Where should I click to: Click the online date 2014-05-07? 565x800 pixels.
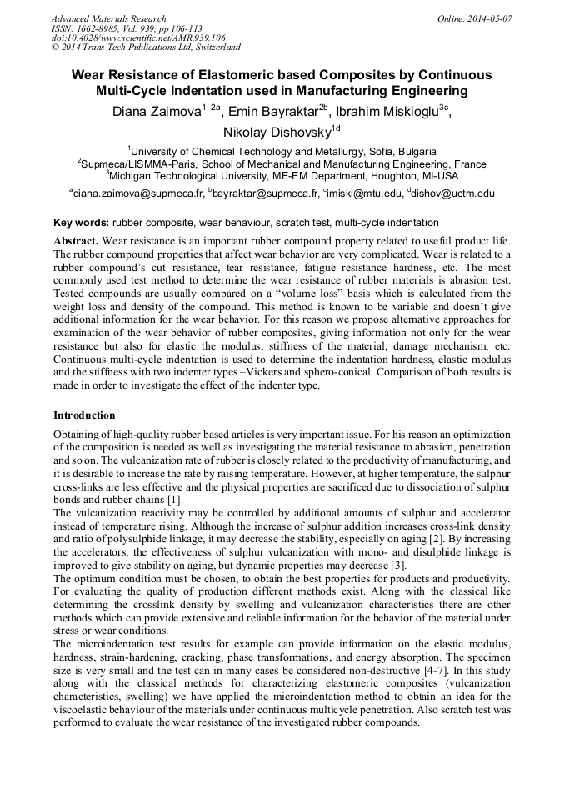pyautogui.click(x=490, y=18)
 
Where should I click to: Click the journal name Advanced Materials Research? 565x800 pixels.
pyautogui.click(x=108, y=18)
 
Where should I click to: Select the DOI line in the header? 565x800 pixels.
pyautogui.click(x=138, y=38)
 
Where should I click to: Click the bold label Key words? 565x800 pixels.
pyautogui.click(x=81, y=223)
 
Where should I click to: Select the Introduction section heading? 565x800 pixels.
pyautogui.click(x=84, y=415)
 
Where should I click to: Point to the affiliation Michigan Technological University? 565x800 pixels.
pyautogui.click(x=192, y=176)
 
